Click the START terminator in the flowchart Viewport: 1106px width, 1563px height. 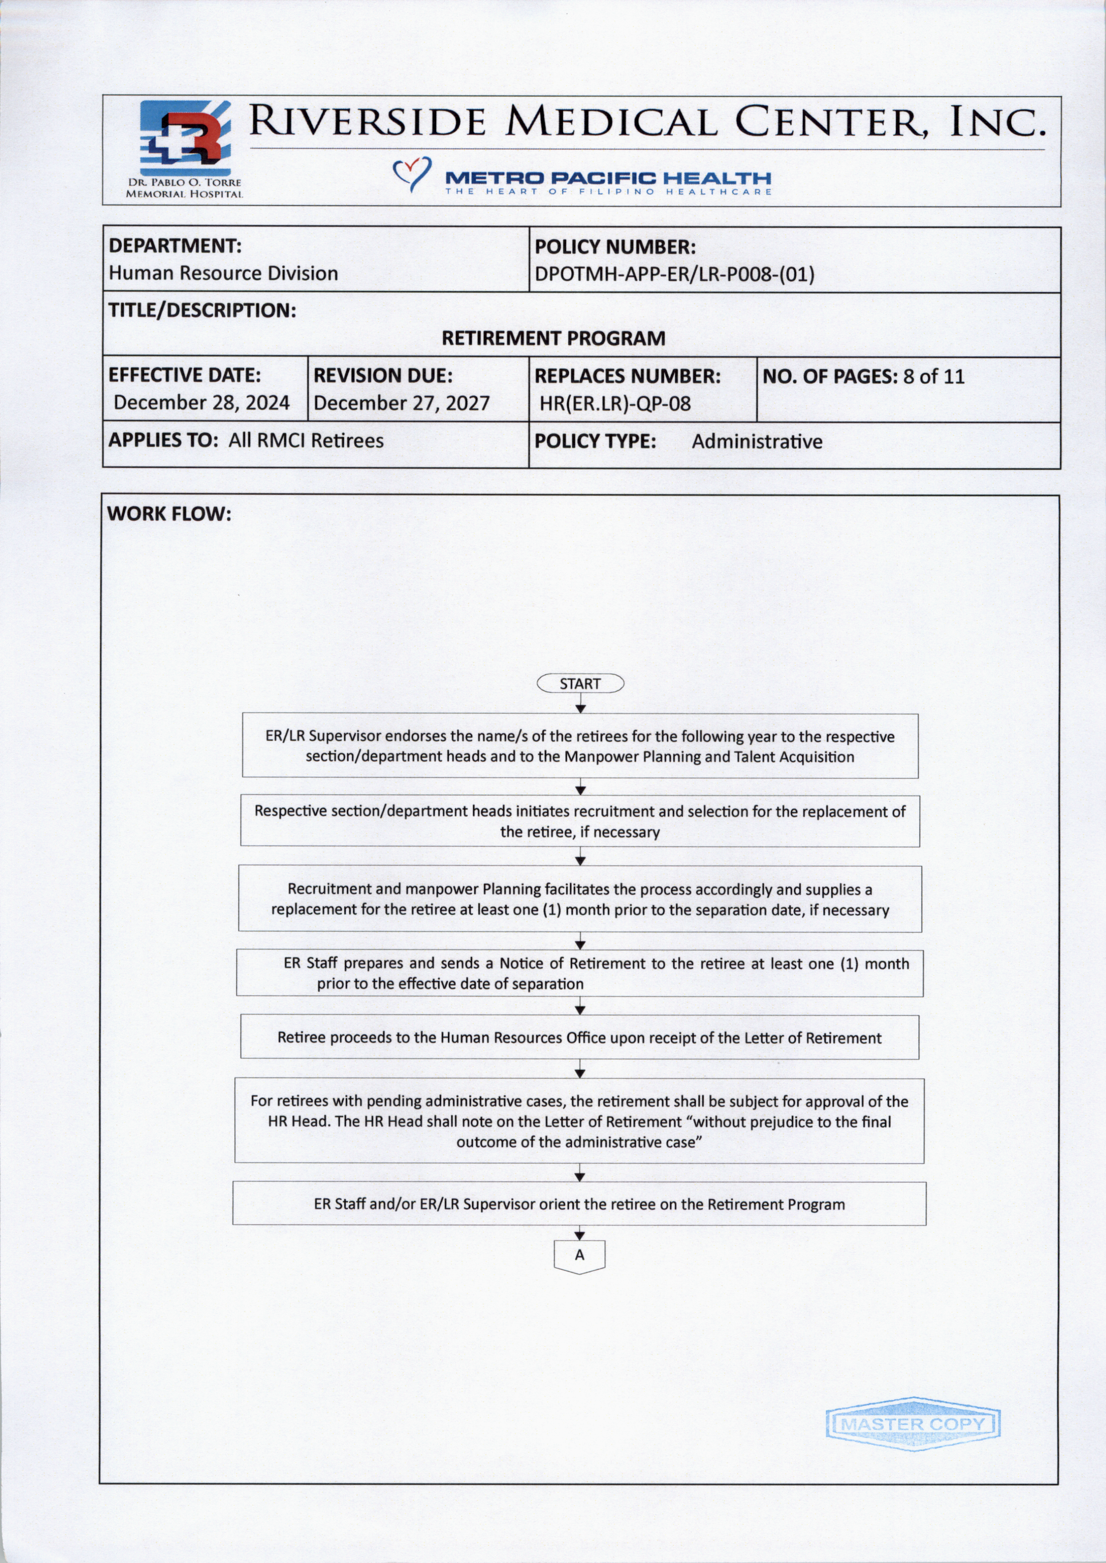pyautogui.click(x=580, y=684)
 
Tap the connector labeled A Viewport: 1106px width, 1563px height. pyautogui.click(x=580, y=1255)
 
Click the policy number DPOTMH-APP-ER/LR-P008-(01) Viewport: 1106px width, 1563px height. pyautogui.click(x=674, y=275)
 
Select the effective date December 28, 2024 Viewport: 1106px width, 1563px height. pyautogui.click(x=202, y=402)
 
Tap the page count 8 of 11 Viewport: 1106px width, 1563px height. pyautogui.click(x=934, y=377)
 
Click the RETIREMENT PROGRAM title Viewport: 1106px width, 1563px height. pyautogui.click(x=553, y=338)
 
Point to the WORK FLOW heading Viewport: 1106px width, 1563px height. pyautogui.click(x=169, y=514)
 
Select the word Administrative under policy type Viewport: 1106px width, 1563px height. pyautogui.click(x=757, y=442)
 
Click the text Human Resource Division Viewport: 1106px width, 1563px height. pyautogui.click(x=223, y=274)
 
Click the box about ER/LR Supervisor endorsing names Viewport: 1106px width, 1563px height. pyautogui.click(x=580, y=746)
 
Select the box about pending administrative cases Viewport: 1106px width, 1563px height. pyautogui.click(x=580, y=1120)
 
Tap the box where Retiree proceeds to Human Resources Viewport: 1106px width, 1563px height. pyautogui.click(x=580, y=1038)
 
